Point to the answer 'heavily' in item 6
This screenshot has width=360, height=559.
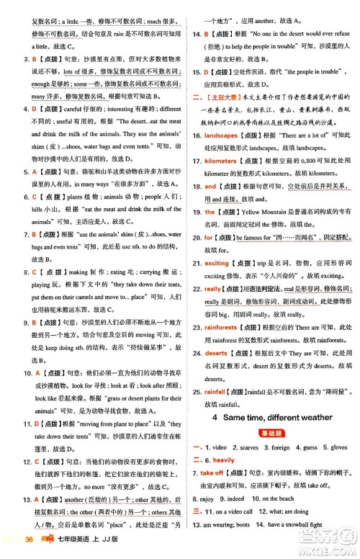pyautogui.click(x=223, y=460)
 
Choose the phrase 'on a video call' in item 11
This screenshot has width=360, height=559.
pyautogui.click(x=225, y=511)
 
